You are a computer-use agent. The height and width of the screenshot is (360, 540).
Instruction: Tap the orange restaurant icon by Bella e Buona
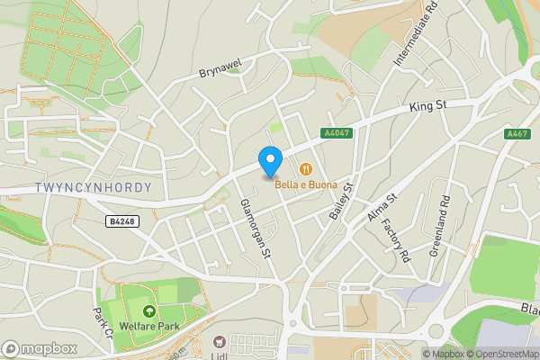pos(306,168)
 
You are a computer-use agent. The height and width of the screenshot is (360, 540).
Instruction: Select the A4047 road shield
pos(335,133)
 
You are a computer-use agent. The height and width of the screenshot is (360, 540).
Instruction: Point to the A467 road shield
pos(517,133)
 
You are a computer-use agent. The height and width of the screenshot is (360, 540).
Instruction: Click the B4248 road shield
pos(123,220)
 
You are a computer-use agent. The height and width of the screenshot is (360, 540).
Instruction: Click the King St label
pos(427,107)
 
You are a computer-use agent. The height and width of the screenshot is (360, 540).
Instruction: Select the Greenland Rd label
pos(442,222)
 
